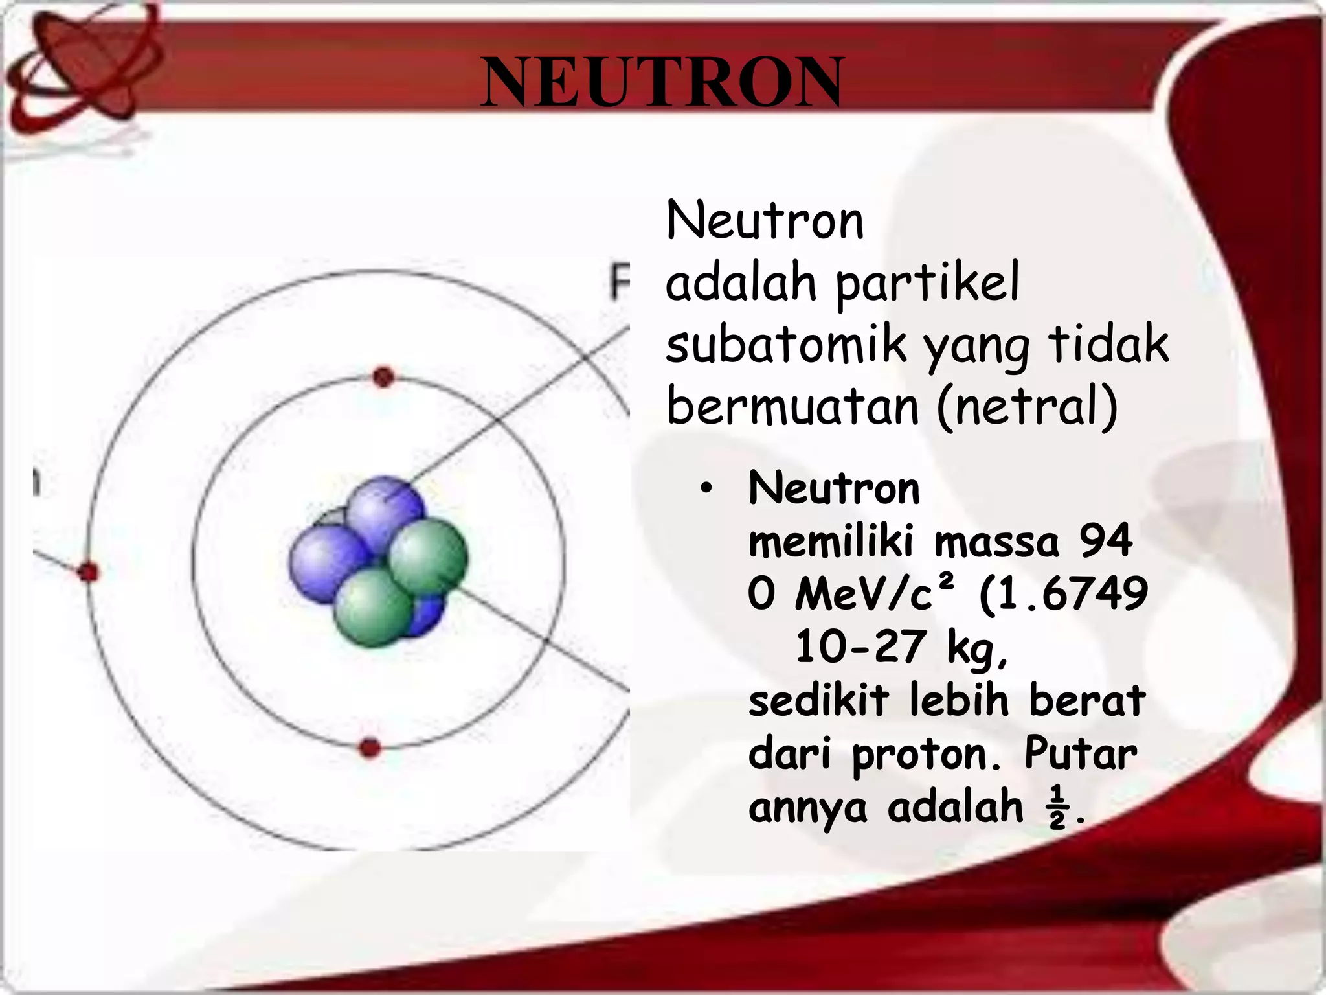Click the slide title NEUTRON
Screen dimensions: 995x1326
pos(662,82)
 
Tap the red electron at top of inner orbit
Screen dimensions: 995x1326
pos(383,377)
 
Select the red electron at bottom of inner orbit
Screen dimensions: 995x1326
pos(370,748)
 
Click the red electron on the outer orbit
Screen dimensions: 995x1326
pos(89,572)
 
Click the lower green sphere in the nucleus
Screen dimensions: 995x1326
pos(374,608)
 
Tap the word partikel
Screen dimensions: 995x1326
pos(927,284)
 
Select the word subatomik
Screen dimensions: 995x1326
pos(785,345)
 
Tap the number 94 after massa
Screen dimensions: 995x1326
pos(1106,540)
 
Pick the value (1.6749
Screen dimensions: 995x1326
pos(1064,593)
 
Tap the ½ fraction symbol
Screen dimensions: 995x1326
pos(1057,807)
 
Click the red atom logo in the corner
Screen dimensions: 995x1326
pos(78,65)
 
